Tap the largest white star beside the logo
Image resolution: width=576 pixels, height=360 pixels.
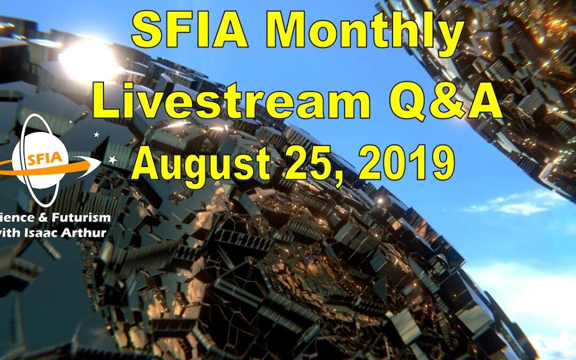click(113, 159)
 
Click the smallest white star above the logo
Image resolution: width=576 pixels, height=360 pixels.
click(70, 122)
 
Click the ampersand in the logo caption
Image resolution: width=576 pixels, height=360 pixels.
click(37, 218)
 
